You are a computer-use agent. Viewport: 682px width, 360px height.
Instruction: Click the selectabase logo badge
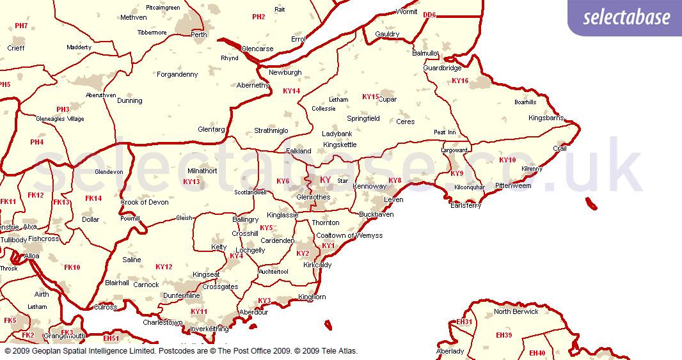coord(626,17)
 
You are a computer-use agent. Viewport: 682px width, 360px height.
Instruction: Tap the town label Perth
coord(199,35)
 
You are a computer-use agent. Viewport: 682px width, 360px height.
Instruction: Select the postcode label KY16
coord(460,81)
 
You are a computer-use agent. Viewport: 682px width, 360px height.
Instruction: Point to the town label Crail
coord(560,148)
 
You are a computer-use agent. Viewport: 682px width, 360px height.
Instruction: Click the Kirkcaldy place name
coord(317,264)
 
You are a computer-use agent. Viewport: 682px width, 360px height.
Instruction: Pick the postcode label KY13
coord(191,182)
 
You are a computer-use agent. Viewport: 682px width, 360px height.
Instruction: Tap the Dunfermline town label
coord(182,295)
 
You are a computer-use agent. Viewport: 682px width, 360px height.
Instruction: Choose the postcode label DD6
coord(429,14)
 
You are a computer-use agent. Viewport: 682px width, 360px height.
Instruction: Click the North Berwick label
coord(516,311)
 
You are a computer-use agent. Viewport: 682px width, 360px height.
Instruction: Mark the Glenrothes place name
coord(313,197)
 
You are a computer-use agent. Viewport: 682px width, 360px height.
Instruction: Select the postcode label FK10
coord(72,267)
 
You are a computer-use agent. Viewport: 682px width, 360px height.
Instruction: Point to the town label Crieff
coord(16,48)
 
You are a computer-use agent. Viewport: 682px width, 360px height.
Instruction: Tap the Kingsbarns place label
coord(546,118)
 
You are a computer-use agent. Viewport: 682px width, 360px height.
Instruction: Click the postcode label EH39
coord(504,335)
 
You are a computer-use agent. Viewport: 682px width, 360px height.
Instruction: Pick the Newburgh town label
coord(285,72)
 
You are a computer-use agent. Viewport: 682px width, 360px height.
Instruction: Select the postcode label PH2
coord(258,17)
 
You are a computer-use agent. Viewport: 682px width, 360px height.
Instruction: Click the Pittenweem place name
coord(513,185)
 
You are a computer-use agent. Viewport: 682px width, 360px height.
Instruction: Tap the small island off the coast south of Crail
coord(591,204)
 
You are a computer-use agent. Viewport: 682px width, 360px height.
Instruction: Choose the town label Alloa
coord(31,256)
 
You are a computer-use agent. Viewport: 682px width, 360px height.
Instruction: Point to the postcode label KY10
coord(507,160)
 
